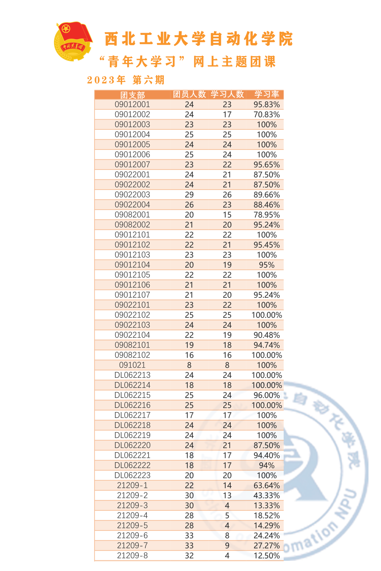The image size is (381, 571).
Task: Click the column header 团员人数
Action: click(x=189, y=94)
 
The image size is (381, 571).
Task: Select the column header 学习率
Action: click(x=267, y=94)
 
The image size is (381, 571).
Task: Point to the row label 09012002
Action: click(x=132, y=115)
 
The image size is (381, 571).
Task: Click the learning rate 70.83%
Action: click(x=267, y=115)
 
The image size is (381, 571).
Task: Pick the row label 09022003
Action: click(x=132, y=195)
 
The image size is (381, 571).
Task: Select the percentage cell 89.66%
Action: click(x=267, y=195)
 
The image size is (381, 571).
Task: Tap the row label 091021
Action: click(x=132, y=365)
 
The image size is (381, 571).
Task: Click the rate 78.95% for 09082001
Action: click(x=267, y=215)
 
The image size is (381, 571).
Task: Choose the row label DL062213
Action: click(x=132, y=375)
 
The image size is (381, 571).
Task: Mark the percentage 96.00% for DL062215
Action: click(x=267, y=395)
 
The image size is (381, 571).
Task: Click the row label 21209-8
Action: click(x=132, y=555)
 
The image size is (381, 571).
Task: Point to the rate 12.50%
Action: click(x=267, y=555)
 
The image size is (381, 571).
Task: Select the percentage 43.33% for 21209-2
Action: click(x=267, y=495)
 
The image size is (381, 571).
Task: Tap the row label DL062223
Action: click(x=132, y=475)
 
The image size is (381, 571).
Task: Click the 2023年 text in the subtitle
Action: click(x=106, y=80)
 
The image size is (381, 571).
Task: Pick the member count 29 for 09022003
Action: click(x=189, y=195)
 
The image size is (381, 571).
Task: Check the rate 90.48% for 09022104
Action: click(x=267, y=335)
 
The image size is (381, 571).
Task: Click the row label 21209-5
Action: click(x=132, y=525)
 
